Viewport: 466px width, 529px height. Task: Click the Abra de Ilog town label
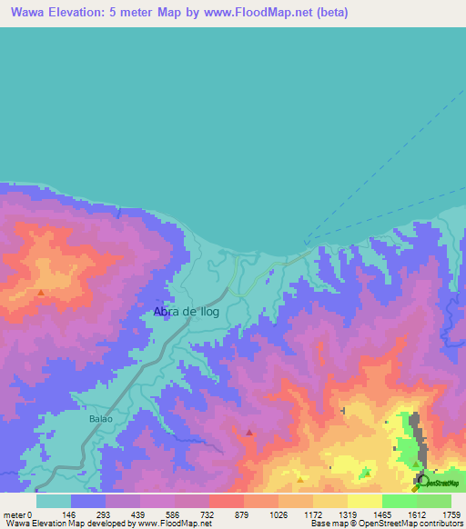[187, 312]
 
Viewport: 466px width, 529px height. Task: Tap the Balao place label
[101, 419]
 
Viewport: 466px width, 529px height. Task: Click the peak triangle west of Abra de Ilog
[41, 293]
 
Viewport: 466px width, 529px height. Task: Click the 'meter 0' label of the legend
[18, 514]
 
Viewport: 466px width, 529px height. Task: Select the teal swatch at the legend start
[54, 501]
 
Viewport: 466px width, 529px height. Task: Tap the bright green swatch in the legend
[400, 501]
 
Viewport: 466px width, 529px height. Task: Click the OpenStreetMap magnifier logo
[420, 482]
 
